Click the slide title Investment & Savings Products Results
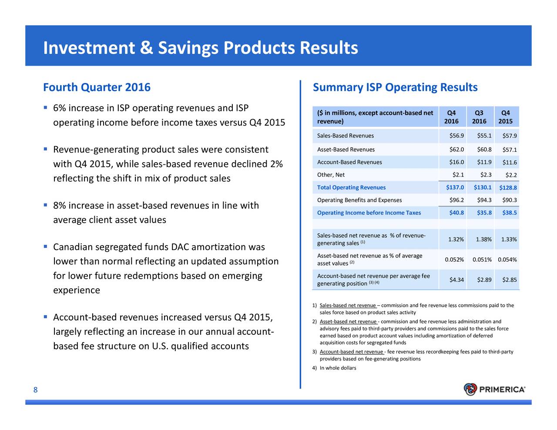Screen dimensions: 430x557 coord(200,48)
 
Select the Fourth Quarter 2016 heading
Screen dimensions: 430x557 coord(97,87)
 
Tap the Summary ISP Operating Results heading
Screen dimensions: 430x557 coord(395,87)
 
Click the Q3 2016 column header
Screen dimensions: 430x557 coord(479,117)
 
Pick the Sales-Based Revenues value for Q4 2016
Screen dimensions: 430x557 coord(456,136)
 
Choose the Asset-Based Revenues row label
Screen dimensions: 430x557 coord(346,150)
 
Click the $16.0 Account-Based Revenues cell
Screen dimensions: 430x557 coord(456,162)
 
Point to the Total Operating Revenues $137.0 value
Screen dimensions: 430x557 coord(455,187)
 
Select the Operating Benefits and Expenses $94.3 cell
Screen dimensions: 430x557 coord(484,200)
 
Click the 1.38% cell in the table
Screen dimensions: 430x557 coord(484,239)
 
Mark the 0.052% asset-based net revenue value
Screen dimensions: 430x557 coord(454,260)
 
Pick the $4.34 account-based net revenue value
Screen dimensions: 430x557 coord(456,280)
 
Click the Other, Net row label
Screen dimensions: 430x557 coord(331,175)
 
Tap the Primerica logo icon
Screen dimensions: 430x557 coord(470,389)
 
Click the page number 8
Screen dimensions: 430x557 coord(36,390)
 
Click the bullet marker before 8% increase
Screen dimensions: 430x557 coord(45,205)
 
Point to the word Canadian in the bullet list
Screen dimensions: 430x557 coord(74,247)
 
